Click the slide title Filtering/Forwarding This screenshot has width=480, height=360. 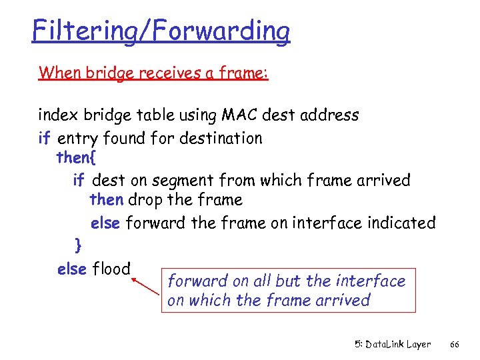[x=161, y=31]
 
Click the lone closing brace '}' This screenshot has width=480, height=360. [x=78, y=246]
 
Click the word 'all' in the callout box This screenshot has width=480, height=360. [x=262, y=281]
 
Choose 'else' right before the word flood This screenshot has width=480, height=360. [x=72, y=269]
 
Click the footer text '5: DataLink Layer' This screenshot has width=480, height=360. [x=392, y=344]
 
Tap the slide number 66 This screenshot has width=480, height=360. [x=454, y=344]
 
